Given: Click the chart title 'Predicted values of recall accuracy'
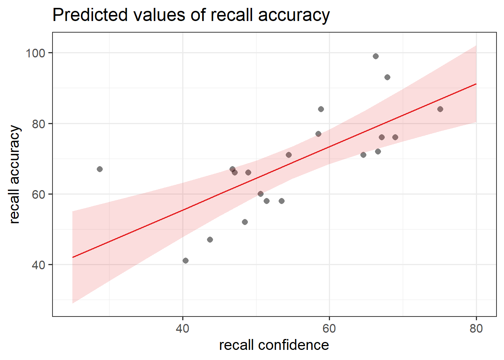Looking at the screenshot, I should tap(191, 15).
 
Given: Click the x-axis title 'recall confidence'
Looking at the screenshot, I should tap(274, 345).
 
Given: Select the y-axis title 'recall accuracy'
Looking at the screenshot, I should tap(15, 174).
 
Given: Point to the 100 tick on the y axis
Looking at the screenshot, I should tap(35, 53).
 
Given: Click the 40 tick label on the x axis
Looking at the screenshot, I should tap(183, 328).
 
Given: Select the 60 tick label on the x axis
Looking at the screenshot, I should tap(329, 328).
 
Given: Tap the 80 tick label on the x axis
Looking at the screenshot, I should tap(476, 328).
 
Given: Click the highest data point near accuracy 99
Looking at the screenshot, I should tap(376, 56).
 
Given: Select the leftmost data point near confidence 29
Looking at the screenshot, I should tap(100, 169).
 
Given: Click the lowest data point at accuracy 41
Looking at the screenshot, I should tap(186, 261).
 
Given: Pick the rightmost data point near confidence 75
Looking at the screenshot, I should tap(440, 109).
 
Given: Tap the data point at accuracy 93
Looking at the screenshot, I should tap(387, 77).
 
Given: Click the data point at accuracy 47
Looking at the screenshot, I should tap(210, 240).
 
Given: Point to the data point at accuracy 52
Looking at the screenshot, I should tap(245, 222).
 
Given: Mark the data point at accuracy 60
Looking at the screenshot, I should tap(261, 194).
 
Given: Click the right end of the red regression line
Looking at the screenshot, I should tap(476, 84).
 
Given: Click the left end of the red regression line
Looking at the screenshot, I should tap(73, 257).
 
